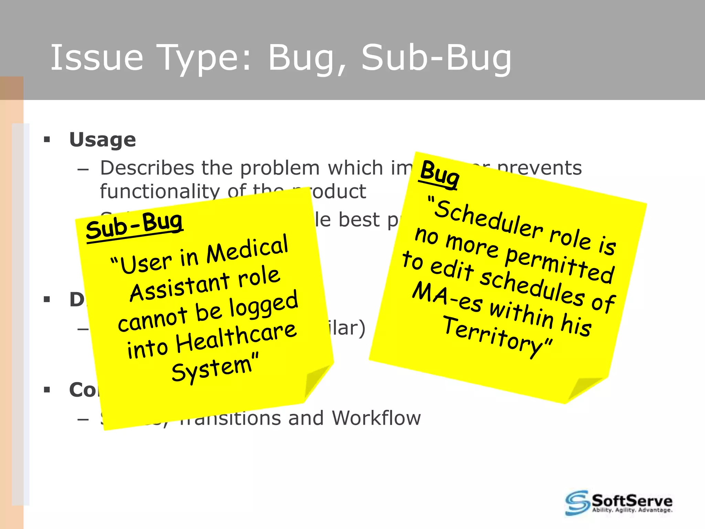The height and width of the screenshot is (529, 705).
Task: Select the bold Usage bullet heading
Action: (x=103, y=140)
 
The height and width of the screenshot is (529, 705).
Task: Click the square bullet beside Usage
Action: (x=47, y=140)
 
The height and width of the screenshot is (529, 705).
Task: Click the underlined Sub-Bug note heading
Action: (x=134, y=226)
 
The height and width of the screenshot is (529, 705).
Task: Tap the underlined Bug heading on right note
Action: (x=439, y=174)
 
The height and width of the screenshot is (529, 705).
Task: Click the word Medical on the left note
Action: (x=247, y=249)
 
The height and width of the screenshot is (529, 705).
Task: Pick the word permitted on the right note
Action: (x=559, y=265)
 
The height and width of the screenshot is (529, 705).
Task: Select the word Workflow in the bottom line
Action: (x=376, y=418)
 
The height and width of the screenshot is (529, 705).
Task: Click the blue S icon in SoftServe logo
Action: (x=577, y=502)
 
